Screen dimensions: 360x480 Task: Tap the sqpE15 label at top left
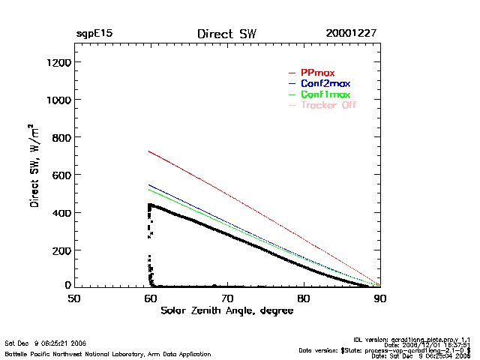94,34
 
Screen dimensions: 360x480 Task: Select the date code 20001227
351,34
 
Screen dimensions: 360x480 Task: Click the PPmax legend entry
317,73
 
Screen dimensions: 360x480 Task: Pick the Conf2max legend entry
325,83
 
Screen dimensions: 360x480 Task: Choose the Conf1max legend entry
325,94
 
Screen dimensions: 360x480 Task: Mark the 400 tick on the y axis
60,212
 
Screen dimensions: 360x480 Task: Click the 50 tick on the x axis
74,298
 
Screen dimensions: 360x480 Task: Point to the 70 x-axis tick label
227,298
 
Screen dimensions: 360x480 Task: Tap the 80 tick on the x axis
304,298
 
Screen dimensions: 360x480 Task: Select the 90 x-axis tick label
380,298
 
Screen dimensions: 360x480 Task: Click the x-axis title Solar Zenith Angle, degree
226,310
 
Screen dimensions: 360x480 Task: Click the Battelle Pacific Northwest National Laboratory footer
107,353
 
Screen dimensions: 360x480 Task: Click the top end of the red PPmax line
150,151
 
